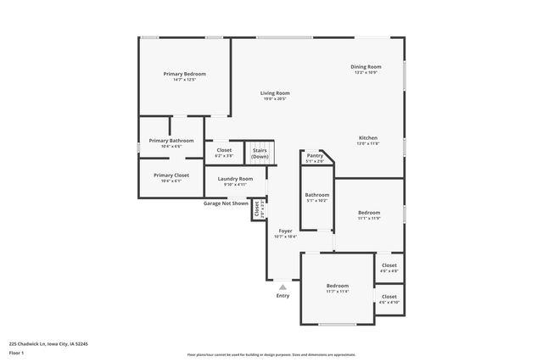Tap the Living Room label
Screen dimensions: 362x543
point(275,95)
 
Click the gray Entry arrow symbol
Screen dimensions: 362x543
point(283,287)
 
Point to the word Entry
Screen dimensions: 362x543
point(283,295)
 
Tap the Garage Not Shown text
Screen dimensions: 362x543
point(226,203)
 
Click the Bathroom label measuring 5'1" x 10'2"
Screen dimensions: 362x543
point(316,197)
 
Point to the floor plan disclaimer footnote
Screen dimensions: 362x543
point(271,354)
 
